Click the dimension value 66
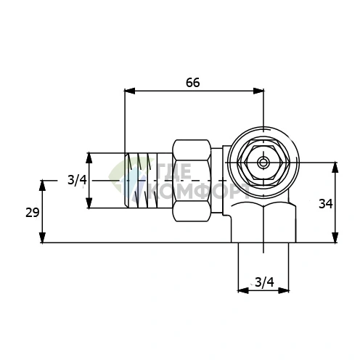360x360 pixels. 193,83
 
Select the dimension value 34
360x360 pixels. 326,204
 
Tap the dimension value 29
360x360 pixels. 33,213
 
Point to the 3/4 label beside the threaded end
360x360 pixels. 77,180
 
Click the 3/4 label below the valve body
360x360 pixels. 265,282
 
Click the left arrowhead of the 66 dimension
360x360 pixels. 129,91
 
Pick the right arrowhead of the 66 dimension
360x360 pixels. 258,91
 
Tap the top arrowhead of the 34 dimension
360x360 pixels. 335,167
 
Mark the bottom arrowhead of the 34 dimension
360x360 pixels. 335,237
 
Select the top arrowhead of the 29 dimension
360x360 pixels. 43,185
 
